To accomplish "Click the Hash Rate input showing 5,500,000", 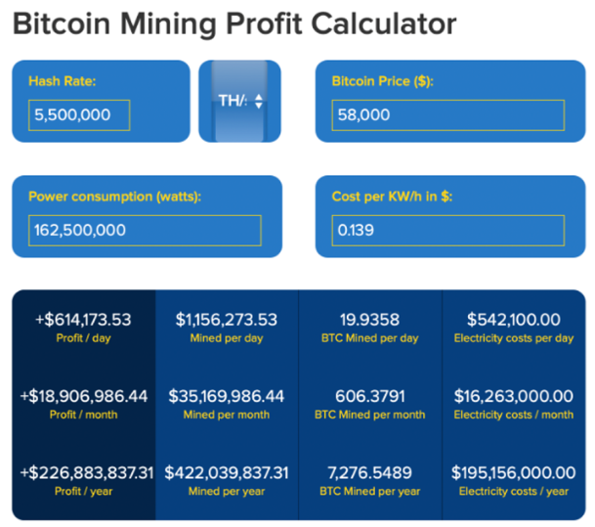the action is pyautogui.click(x=79, y=115).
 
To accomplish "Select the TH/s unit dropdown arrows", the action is pyautogui.click(x=258, y=101).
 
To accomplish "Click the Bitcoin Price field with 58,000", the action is pyautogui.click(x=448, y=115).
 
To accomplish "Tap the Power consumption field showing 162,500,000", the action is pyautogui.click(x=145, y=231).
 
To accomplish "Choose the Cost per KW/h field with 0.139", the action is pyautogui.click(x=448, y=231).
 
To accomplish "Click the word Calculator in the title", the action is pyautogui.click(x=384, y=23).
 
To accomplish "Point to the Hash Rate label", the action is pyautogui.click(x=63, y=81).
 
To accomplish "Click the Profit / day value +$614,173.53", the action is pyautogui.click(x=83, y=320).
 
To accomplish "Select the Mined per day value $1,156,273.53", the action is pyautogui.click(x=227, y=320).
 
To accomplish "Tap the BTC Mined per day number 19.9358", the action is pyautogui.click(x=369, y=320).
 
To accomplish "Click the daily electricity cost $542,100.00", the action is pyautogui.click(x=513, y=320).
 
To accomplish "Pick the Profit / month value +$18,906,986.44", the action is pyautogui.click(x=83, y=396).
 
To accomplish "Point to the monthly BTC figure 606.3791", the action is pyautogui.click(x=370, y=396).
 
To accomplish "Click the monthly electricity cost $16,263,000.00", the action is pyautogui.click(x=513, y=396).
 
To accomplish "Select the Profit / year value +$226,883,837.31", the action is pyautogui.click(x=87, y=473).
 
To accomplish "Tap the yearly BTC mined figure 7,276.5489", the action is pyautogui.click(x=369, y=473).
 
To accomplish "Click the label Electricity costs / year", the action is pyautogui.click(x=514, y=491).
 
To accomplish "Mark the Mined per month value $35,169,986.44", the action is pyautogui.click(x=227, y=396).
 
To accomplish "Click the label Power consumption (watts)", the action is pyautogui.click(x=114, y=197).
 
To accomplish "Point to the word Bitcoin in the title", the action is pyautogui.click(x=62, y=23).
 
